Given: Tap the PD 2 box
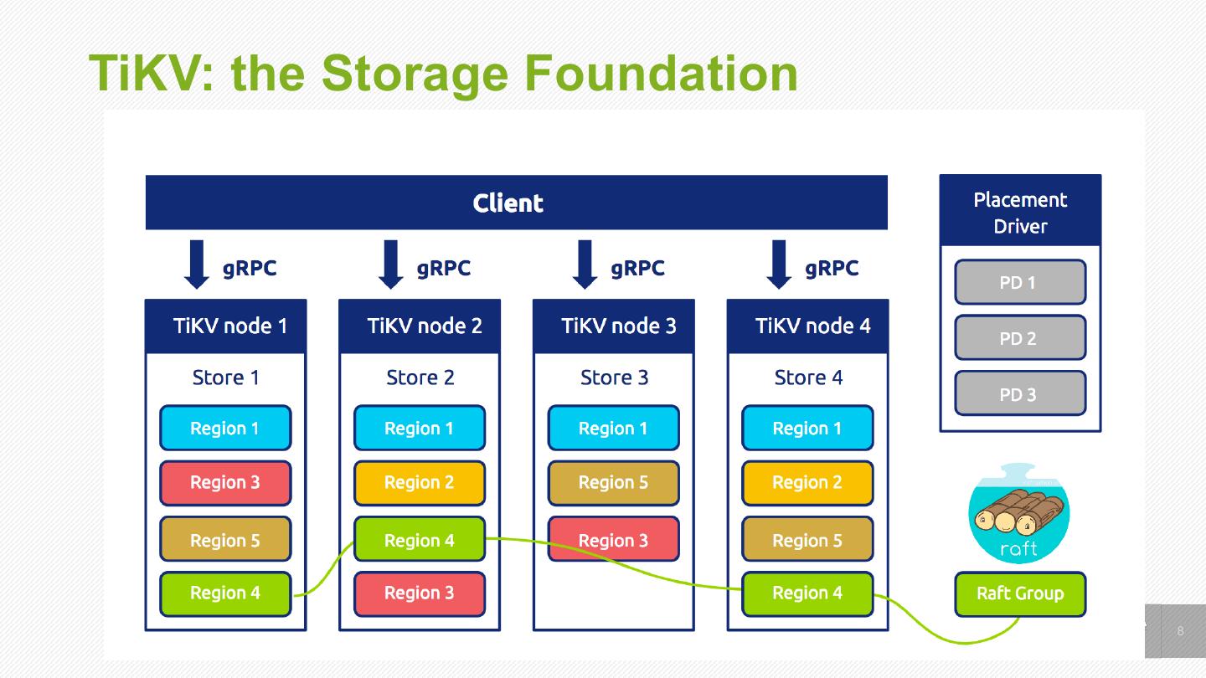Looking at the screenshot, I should click(x=1019, y=338).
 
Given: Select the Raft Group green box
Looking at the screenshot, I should click(x=1019, y=593).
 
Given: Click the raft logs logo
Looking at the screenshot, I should click(x=1018, y=514).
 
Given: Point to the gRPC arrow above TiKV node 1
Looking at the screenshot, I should click(x=197, y=264).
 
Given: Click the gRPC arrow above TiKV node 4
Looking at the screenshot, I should click(x=779, y=264).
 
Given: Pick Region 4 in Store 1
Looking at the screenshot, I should click(x=225, y=593).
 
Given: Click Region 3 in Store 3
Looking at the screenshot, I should click(x=613, y=540).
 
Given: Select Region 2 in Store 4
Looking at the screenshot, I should click(x=807, y=483).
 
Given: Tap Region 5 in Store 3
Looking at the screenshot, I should click(x=613, y=483).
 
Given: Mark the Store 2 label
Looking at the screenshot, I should click(x=420, y=378).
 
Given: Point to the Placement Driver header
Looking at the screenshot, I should click(x=1019, y=212).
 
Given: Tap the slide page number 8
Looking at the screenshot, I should click(x=1181, y=631).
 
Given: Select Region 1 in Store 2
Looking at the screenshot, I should click(x=419, y=429).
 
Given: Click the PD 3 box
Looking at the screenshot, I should click(x=1019, y=394).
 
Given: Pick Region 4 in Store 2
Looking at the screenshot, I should click(x=419, y=540).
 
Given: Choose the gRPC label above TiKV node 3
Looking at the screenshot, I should click(x=637, y=268).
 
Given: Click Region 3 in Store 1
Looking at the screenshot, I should click(x=225, y=483).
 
